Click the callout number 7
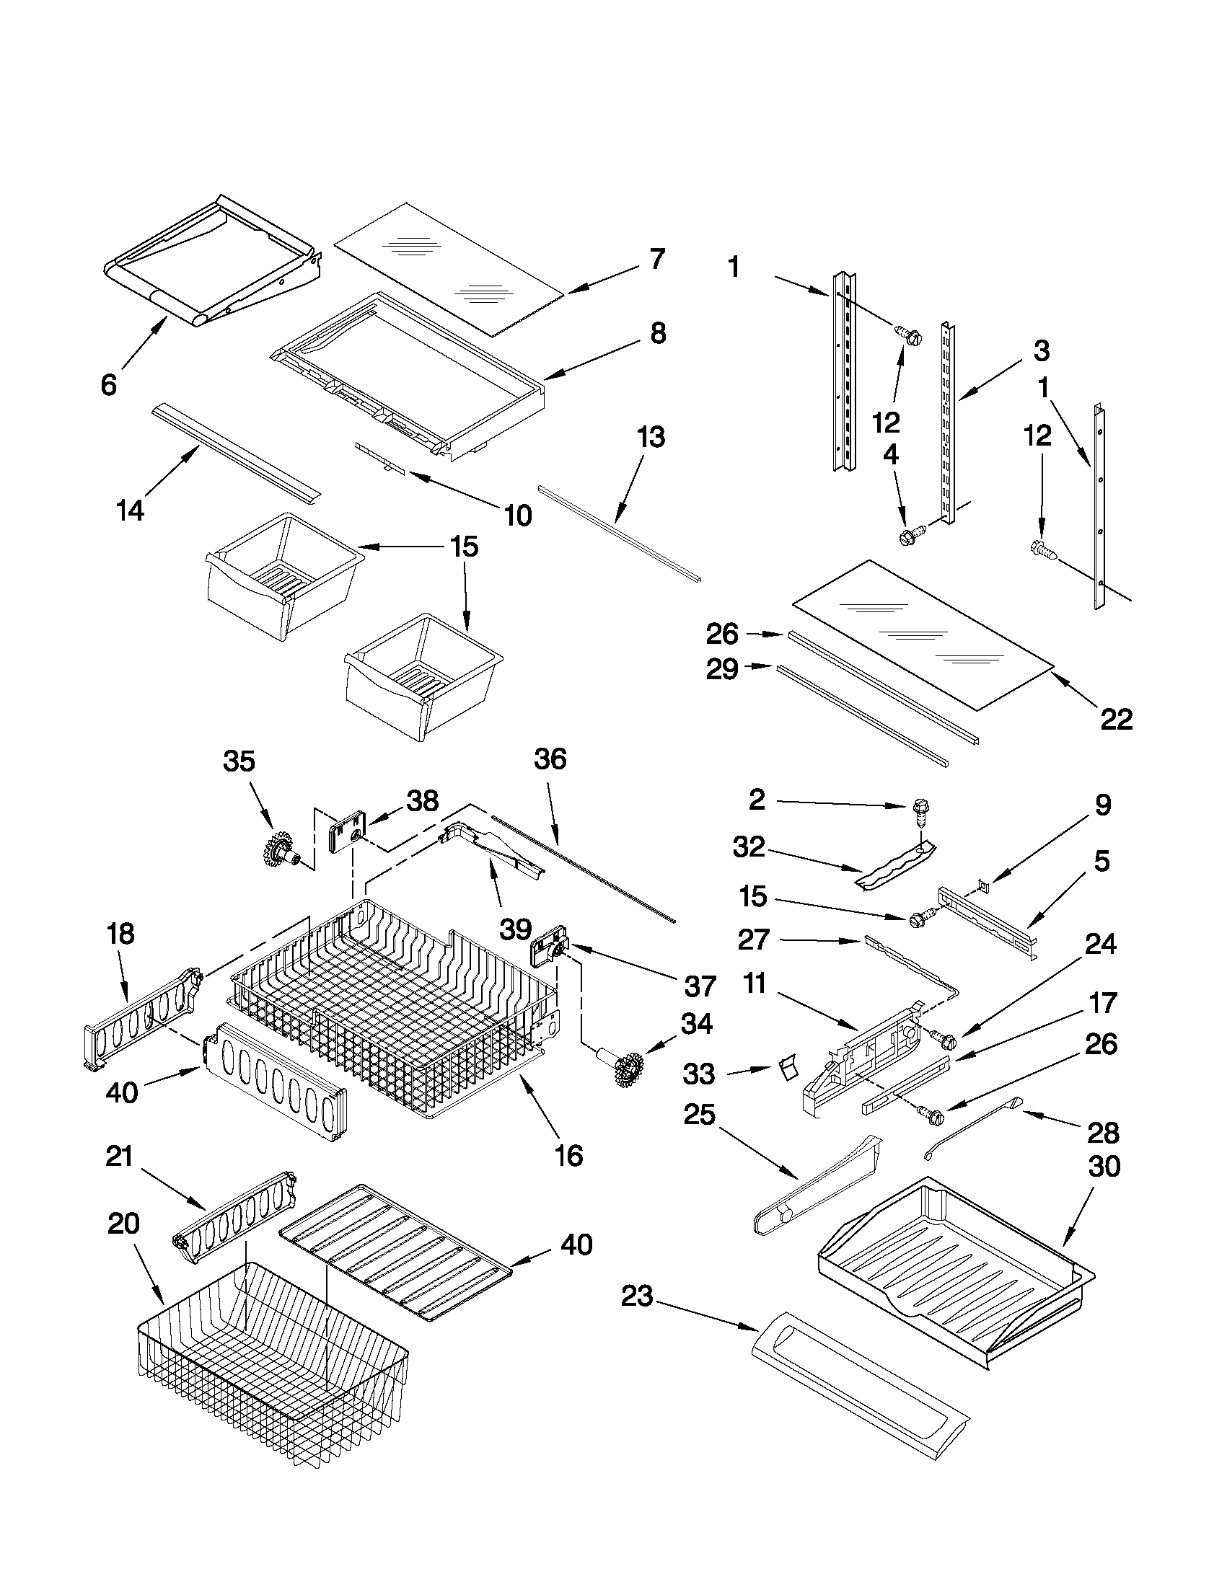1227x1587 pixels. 656,259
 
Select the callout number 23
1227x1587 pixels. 637,1296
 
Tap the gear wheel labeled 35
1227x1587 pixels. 279,848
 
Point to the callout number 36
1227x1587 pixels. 550,759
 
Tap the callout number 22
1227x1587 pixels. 1117,720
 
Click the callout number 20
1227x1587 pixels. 123,1224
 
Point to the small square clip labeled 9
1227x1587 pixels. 982,884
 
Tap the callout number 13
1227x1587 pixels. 651,438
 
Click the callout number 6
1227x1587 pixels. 108,385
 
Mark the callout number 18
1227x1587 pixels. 120,934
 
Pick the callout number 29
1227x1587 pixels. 722,669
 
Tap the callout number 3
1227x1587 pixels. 1041,351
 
